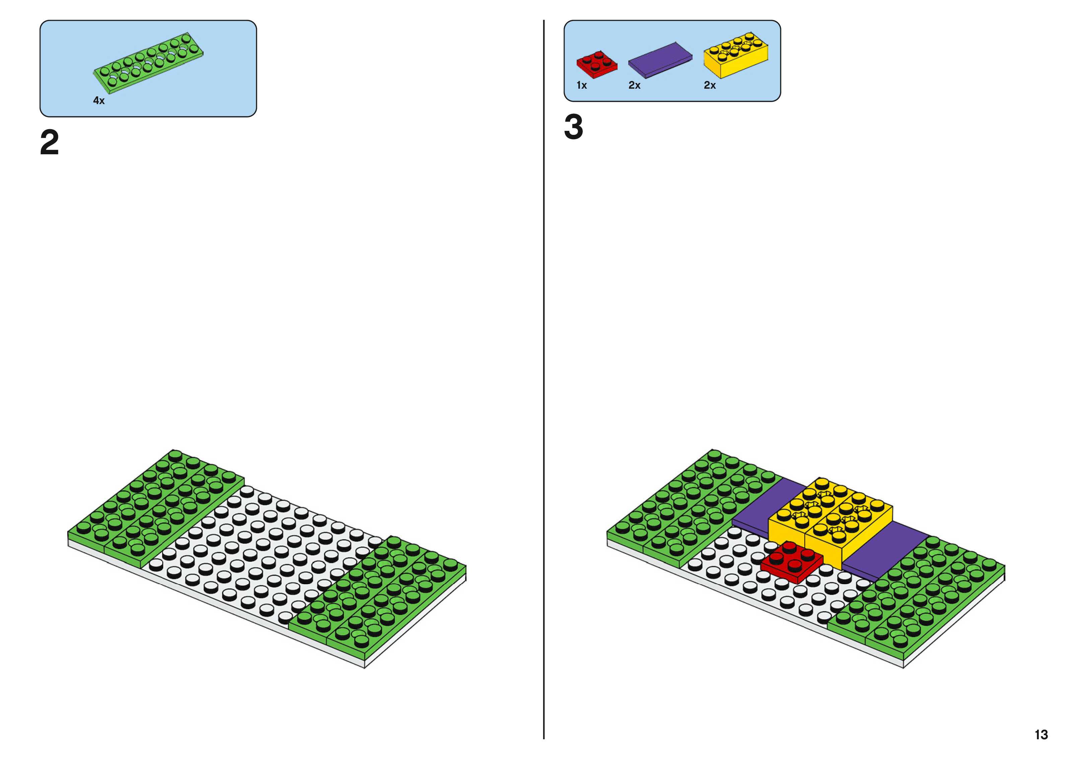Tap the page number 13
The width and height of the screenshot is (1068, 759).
click(1041, 735)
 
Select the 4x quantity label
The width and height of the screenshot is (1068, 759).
click(99, 100)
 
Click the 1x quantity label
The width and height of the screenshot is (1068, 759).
click(581, 85)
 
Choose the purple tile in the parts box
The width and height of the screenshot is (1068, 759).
click(660, 60)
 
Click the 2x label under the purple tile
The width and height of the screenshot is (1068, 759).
click(634, 85)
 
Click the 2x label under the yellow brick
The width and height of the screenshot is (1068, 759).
click(709, 85)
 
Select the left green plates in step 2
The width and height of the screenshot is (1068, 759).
click(157, 505)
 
